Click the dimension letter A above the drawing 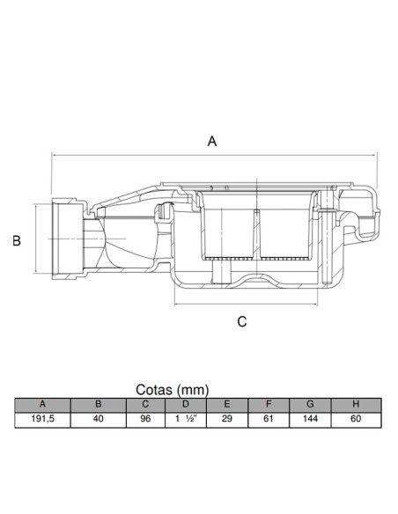(212, 142)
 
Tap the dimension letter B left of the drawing (17, 240)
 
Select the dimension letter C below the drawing (242, 322)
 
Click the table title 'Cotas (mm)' (172, 390)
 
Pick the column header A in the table (42, 404)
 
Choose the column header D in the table (186, 404)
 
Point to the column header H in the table (356, 404)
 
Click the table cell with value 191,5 (42, 419)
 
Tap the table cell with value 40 (99, 419)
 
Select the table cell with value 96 (145, 419)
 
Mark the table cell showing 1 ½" (186, 419)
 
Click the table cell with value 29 (227, 419)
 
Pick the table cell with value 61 (269, 419)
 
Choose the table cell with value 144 (310, 419)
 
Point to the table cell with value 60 (356, 419)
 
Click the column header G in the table (310, 404)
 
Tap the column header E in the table (227, 404)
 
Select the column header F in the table (269, 404)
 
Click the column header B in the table (99, 404)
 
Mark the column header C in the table (145, 404)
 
